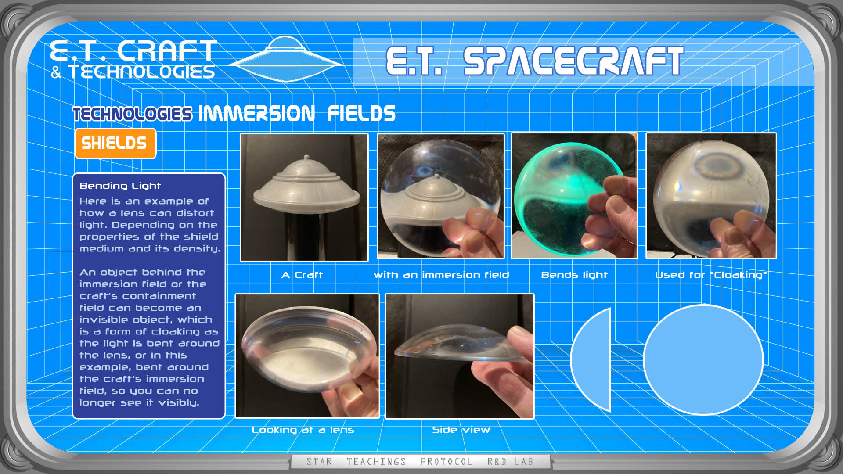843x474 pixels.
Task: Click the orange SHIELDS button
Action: [115, 144]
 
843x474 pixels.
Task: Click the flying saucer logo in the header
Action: [286, 60]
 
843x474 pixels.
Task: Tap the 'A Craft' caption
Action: [302, 275]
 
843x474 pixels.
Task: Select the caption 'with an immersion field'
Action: [441, 275]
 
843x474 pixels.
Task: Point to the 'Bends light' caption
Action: [574, 275]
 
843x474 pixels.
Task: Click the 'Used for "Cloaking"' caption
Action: [711, 275]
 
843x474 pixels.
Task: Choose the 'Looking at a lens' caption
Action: [303, 430]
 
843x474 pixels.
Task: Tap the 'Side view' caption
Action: [461, 430]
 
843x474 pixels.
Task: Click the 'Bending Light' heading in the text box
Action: [120, 186]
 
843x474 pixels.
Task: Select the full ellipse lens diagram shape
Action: [703, 359]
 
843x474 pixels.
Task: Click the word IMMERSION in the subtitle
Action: [257, 114]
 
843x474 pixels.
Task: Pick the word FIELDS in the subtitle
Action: [361, 114]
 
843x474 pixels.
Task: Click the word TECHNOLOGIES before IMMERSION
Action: [133, 114]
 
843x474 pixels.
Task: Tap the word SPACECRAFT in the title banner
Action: [573, 61]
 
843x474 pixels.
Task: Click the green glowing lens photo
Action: [574, 196]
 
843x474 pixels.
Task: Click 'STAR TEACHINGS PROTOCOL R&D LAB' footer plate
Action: [420, 462]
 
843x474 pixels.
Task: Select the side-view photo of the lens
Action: [460, 356]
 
